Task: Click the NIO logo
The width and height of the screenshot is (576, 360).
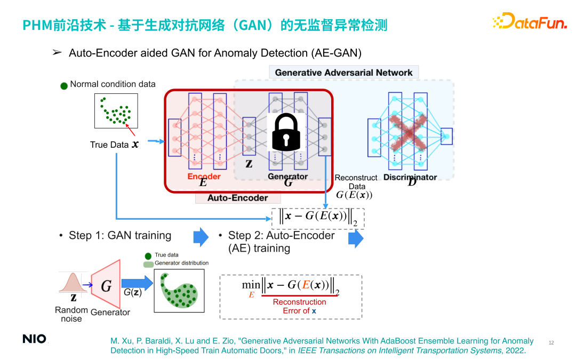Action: pos(34,339)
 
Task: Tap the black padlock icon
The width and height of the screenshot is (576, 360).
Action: pos(286,133)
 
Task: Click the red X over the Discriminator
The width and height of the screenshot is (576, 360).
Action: pos(407,130)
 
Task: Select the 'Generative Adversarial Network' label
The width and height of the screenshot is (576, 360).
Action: pos(343,73)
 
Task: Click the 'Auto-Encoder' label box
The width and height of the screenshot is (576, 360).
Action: pos(238,198)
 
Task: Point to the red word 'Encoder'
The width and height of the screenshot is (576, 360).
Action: pos(204,177)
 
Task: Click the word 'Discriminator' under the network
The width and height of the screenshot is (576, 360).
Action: pos(410,177)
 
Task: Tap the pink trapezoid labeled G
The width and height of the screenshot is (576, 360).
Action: pos(106,286)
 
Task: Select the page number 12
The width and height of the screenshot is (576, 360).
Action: pos(551,342)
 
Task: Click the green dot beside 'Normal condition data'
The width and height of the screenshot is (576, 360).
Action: pos(64,85)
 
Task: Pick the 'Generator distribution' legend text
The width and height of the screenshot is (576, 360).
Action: pos(181,263)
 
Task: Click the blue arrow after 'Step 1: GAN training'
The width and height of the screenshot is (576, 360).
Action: pos(201,237)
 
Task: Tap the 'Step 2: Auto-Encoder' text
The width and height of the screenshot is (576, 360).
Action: pos(281,235)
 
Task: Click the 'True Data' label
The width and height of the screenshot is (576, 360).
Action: pos(109,145)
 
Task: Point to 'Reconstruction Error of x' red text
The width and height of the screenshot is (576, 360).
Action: pos(299,306)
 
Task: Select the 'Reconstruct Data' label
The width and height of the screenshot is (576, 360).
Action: pos(356,182)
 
